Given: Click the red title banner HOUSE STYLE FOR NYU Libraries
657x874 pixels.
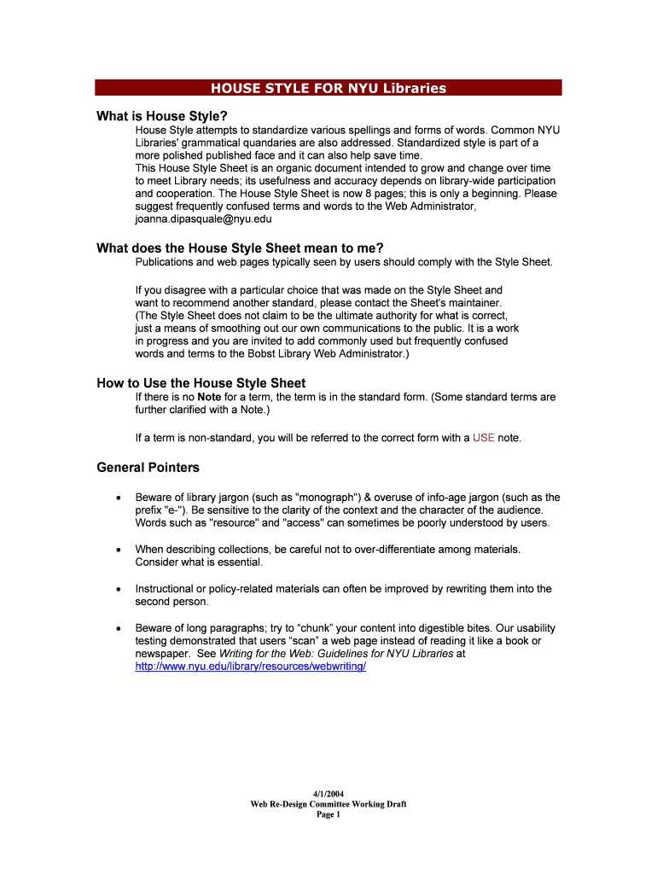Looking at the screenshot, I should point(328,88).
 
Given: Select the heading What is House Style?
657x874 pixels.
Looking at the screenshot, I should point(162,115).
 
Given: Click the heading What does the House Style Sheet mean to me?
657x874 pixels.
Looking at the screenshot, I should point(240,248).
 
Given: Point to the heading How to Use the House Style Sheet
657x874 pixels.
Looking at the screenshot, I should point(201,383).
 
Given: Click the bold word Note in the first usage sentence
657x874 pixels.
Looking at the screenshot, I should point(209,397).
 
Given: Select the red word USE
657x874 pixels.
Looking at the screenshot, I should point(484,438).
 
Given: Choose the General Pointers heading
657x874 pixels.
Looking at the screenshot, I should point(148,468).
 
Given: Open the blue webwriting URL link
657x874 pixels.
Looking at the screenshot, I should point(251,666).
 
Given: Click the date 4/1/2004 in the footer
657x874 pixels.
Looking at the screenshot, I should point(328,793).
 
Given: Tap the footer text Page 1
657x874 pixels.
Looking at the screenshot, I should point(328,814).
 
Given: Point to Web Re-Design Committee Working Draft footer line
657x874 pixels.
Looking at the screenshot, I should point(328,804).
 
